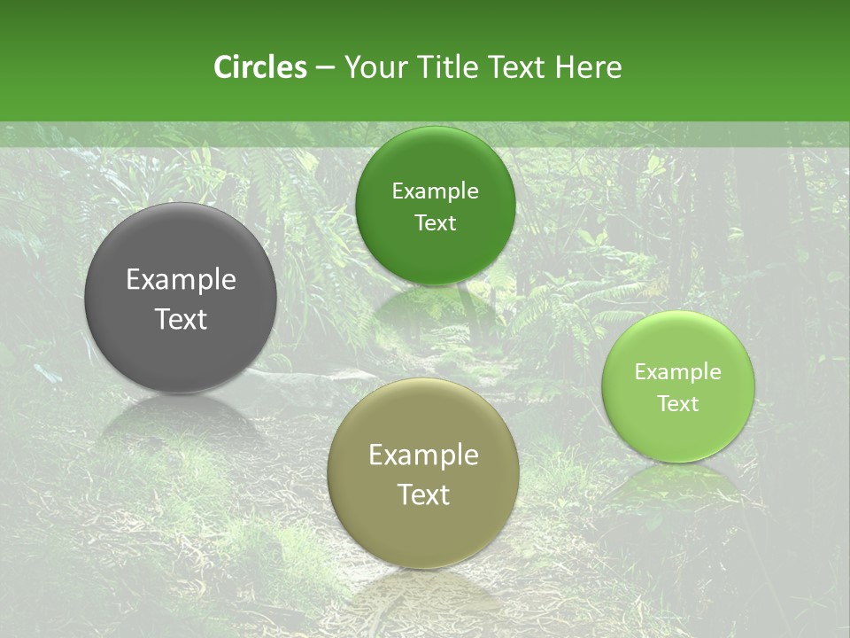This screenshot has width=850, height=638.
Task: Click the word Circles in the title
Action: [x=259, y=67]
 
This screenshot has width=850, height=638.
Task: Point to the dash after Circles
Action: [x=324, y=67]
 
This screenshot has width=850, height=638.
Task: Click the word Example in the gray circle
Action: [x=181, y=280]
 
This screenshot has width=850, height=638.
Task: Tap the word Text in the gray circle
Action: [x=181, y=320]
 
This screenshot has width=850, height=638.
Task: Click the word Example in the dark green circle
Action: [x=436, y=191]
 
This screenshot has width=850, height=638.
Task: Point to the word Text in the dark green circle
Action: [x=436, y=223]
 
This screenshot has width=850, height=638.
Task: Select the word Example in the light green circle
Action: [x=678, y=372]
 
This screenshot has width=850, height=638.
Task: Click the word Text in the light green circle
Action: [x=678, y=404]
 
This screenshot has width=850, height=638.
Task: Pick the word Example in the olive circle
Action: [x=423, y=455]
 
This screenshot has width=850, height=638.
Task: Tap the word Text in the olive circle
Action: [x=423, y=495]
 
